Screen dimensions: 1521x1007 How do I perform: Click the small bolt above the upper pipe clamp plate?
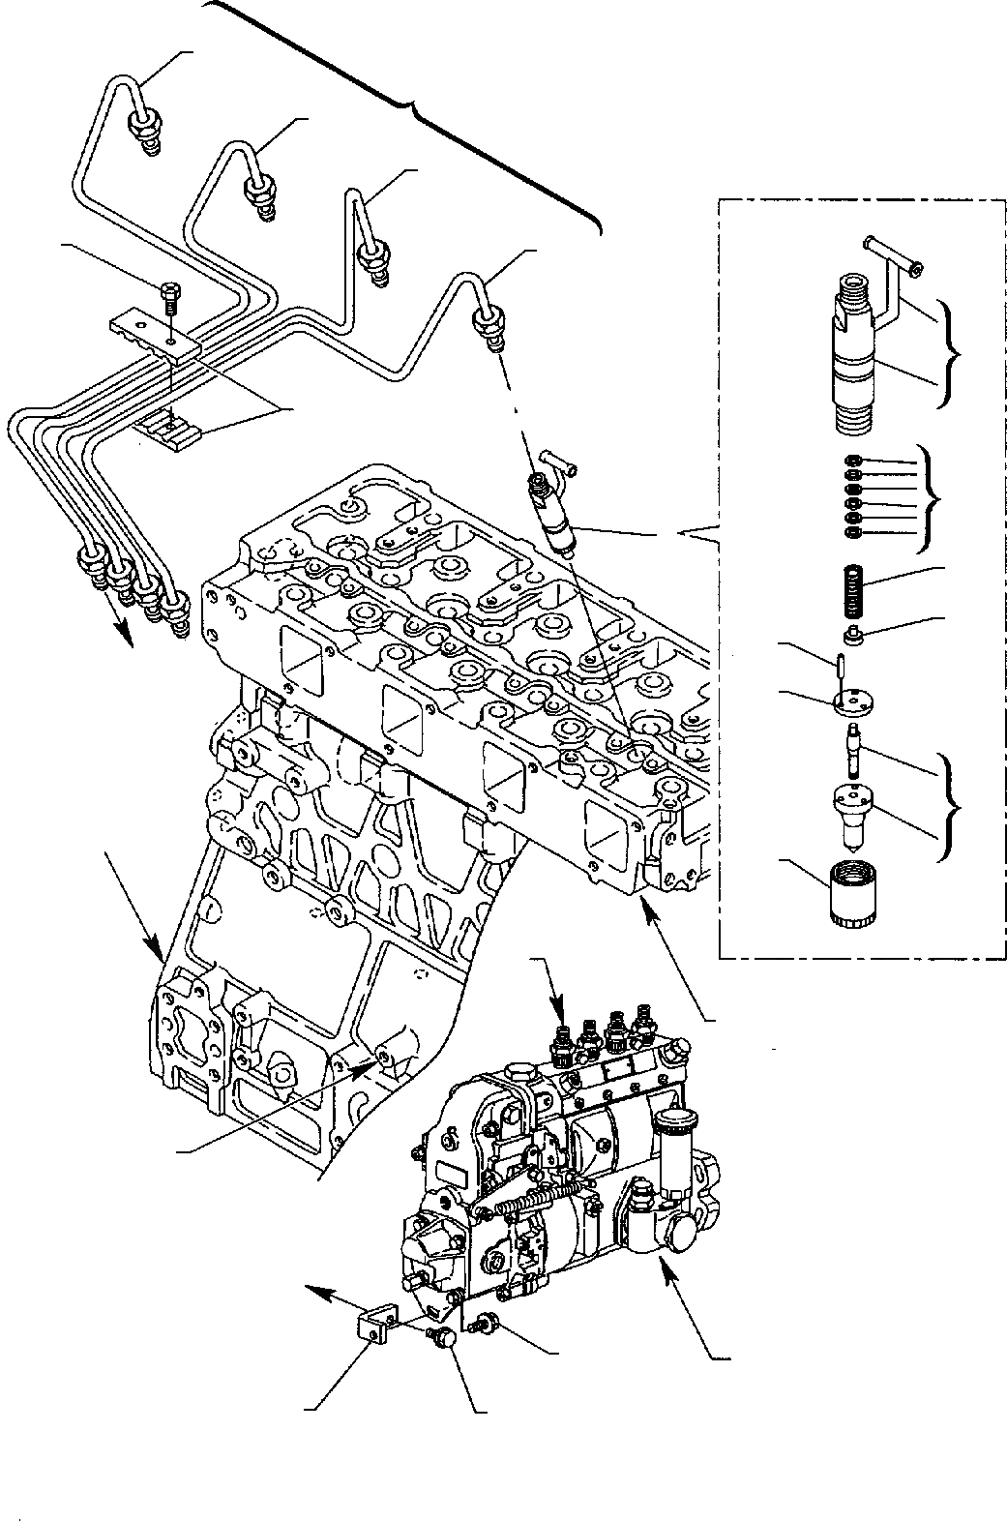point(170,291)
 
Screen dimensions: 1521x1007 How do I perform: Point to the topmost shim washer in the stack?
point(852,462)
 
